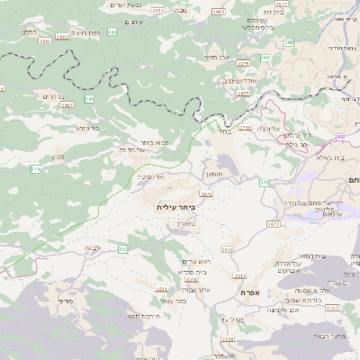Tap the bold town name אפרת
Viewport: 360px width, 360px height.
249,292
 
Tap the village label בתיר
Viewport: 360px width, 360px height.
224,131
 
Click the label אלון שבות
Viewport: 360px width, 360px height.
194,290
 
